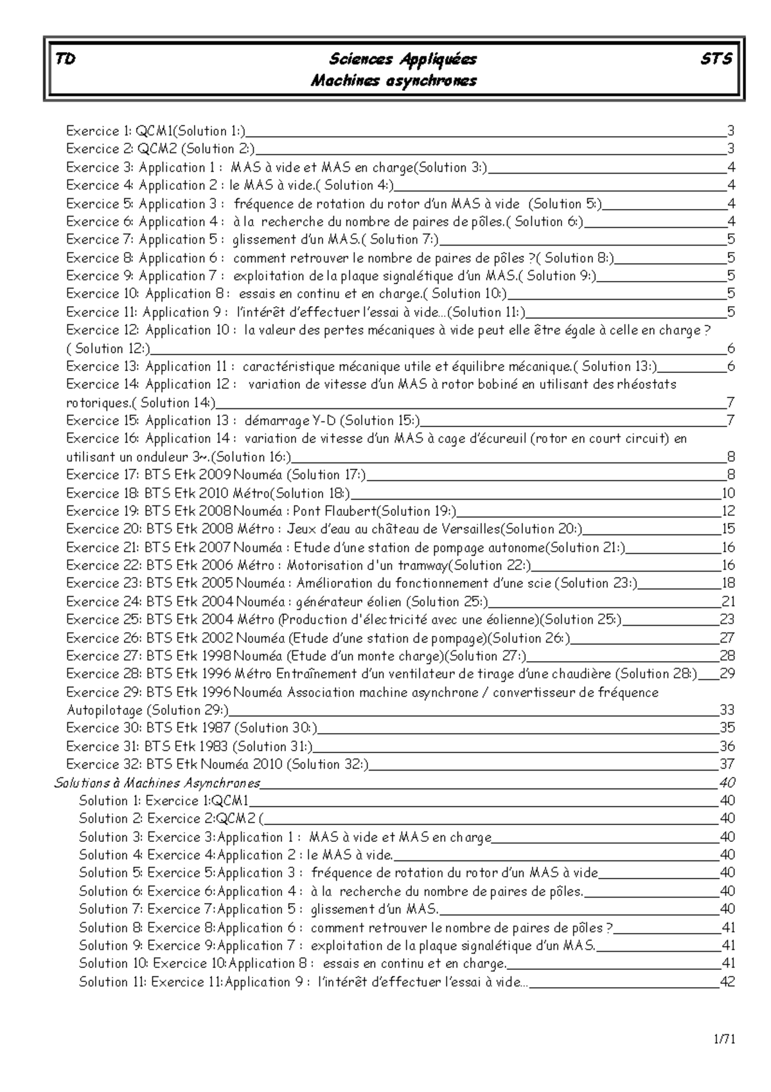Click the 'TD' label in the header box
pos(65,59)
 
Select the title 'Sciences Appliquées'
pos(402,59)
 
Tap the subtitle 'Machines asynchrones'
pos(393,81)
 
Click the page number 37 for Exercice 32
pos(727,765)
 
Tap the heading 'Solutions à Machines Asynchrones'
pos(157,783)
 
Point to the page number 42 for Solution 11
pos(727,982)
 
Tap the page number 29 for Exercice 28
pos(727,674)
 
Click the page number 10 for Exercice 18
pos(727,493)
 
